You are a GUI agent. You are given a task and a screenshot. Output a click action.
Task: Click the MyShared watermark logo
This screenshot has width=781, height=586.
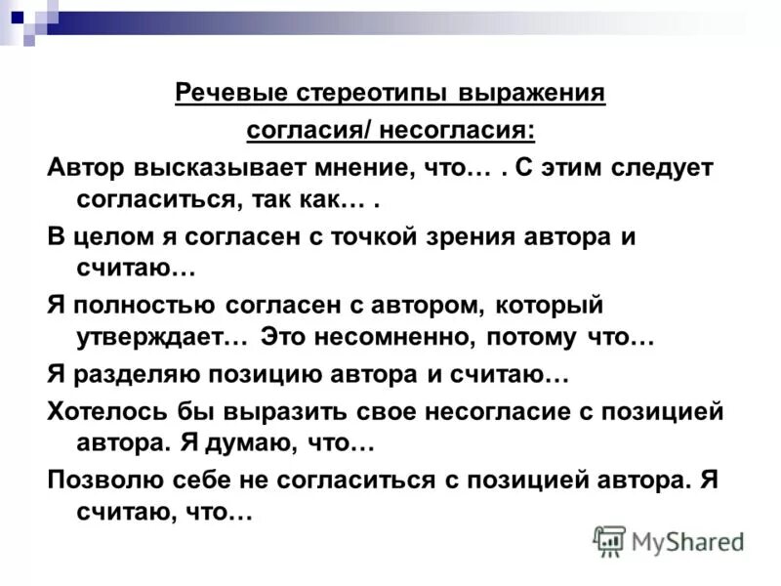point(669,540)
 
